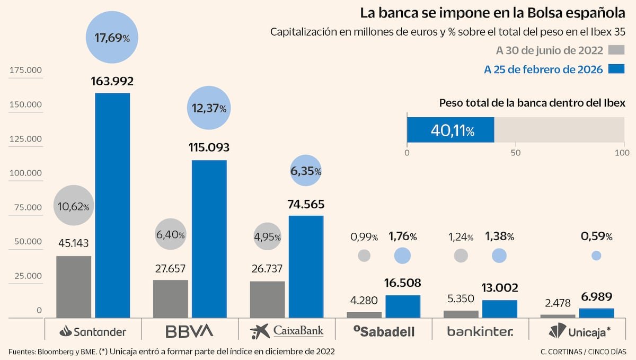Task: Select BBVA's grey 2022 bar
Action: (x=170, y=299)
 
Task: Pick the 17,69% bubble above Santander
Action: (x=112, y=38)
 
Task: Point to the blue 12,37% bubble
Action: (x=208, y=108)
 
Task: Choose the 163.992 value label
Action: (x=112, y=82)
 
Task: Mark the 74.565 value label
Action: (x=306, y=205)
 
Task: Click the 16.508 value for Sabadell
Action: (x=403, y=287)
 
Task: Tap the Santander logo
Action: (x=93, y=332)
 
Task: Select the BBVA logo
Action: (x=189, y=331)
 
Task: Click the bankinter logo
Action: (x=480, y=332)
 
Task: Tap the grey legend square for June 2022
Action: (x=617, y=50)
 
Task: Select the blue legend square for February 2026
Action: (x=617, y=69)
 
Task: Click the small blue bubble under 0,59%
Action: (x=596, y=256)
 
